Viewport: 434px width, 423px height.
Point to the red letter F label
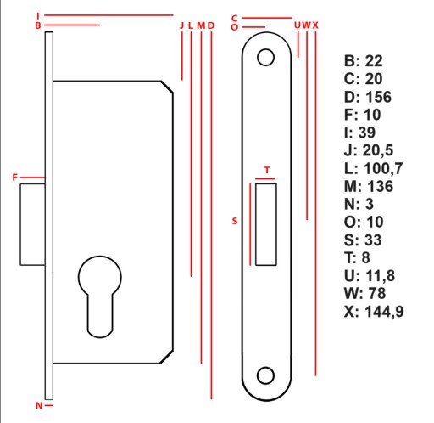[15, 178]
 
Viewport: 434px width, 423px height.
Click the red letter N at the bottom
[39, 405]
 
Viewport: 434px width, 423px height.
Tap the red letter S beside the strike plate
[235, 221]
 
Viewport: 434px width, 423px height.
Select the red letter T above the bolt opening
[267, 170]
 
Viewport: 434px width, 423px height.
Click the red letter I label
[38, 15]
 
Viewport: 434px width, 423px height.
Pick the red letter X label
[315, 25]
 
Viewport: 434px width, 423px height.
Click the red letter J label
[181, 25]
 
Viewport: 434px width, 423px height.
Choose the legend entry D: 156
[368, 97]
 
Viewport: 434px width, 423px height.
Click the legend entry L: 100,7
[373, 168]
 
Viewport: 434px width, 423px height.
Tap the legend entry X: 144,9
[374, 312]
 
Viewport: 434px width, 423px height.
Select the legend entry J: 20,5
[369, 150]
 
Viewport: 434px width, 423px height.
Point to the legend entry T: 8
[357, 257]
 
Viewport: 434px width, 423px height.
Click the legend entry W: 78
[364, 293]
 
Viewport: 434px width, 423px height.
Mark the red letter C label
[234, 18]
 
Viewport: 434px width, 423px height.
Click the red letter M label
[201, 25]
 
